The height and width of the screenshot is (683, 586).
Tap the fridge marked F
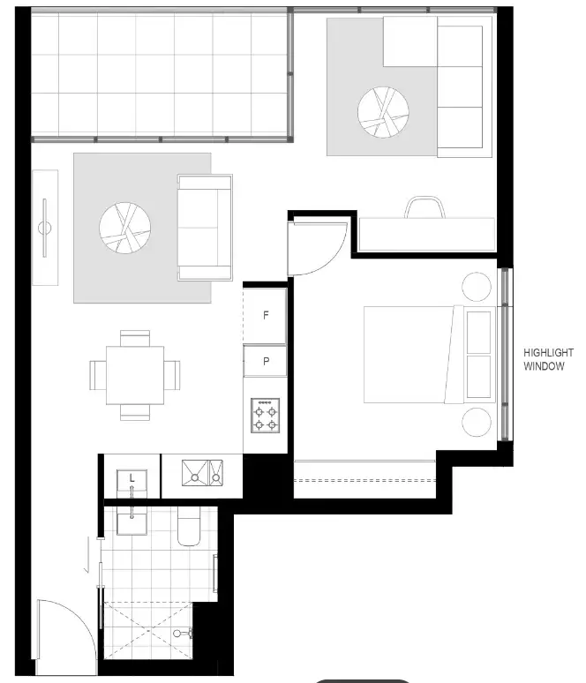pos(265,315)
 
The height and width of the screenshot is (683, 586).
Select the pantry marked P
pos(265,361)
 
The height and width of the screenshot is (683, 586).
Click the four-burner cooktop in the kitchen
pos(265,414)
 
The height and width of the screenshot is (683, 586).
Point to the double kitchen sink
pos(203,474)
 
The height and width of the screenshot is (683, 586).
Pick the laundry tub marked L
pos(131,482)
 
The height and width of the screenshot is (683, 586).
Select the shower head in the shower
pos(183,634)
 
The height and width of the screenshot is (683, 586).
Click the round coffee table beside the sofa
pos(124,228)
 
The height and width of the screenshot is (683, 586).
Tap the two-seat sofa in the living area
pos(205,227)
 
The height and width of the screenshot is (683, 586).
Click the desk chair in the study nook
pos(424,206)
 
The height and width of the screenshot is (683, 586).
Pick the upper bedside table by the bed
pos(477,286)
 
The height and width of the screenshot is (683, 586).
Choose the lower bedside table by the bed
pos(477,422)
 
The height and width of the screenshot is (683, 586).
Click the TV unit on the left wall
pos(45,228)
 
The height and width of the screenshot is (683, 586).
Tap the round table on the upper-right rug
pos(383,111)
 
